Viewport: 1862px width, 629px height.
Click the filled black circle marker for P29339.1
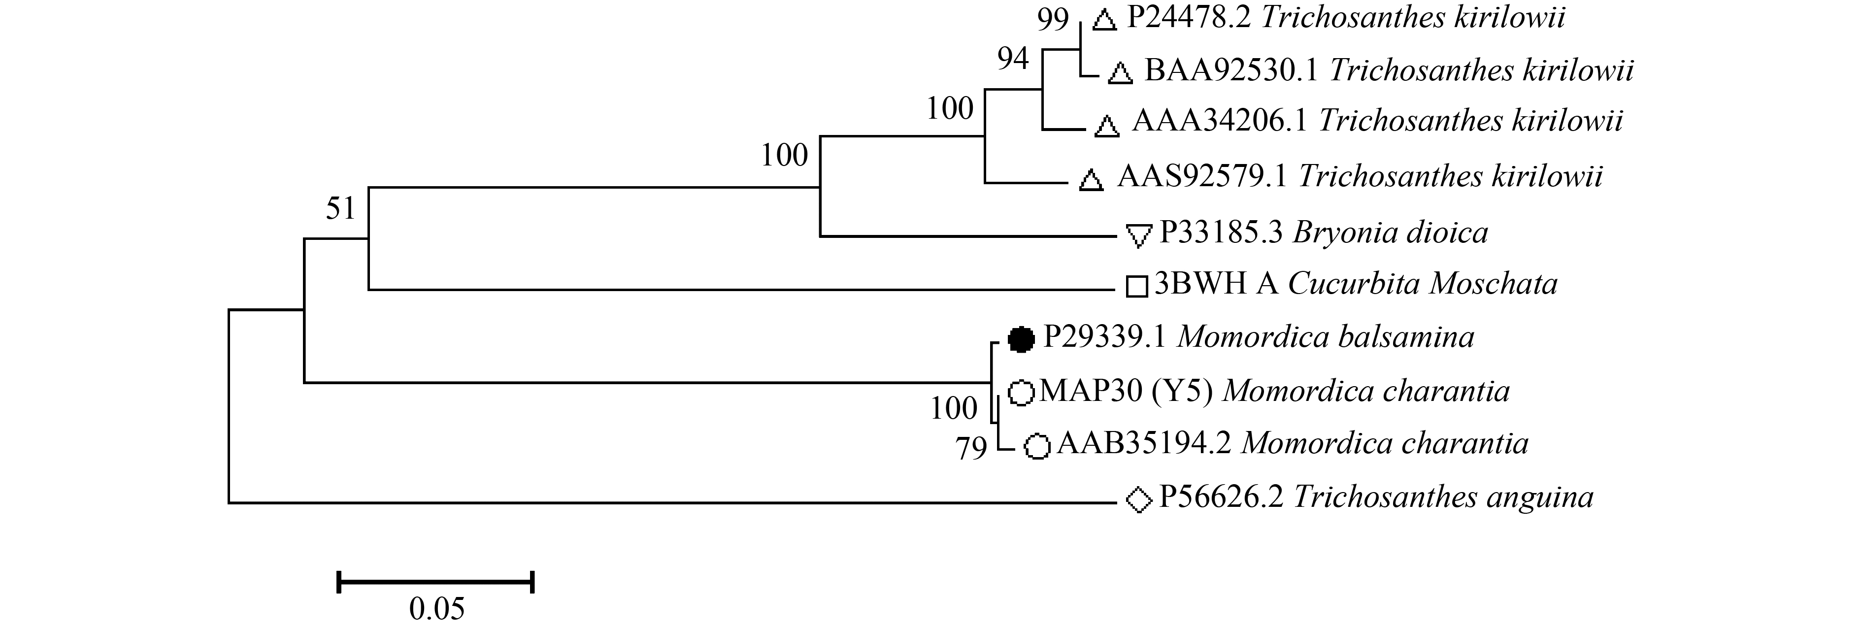(1021, 338)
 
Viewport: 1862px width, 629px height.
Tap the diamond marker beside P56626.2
(1139, 499)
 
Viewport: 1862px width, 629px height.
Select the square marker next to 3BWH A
(1137, 286)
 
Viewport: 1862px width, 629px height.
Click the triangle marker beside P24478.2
(1104, 21)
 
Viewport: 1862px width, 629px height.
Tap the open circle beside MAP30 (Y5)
(1021, 393)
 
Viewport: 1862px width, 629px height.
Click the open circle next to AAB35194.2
(1037, 446)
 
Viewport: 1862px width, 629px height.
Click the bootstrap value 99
(1053, 20)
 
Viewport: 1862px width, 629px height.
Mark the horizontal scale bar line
(435, 581)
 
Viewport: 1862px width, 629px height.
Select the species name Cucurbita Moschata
(1423, 283)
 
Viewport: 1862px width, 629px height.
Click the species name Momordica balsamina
(1326, 337)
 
